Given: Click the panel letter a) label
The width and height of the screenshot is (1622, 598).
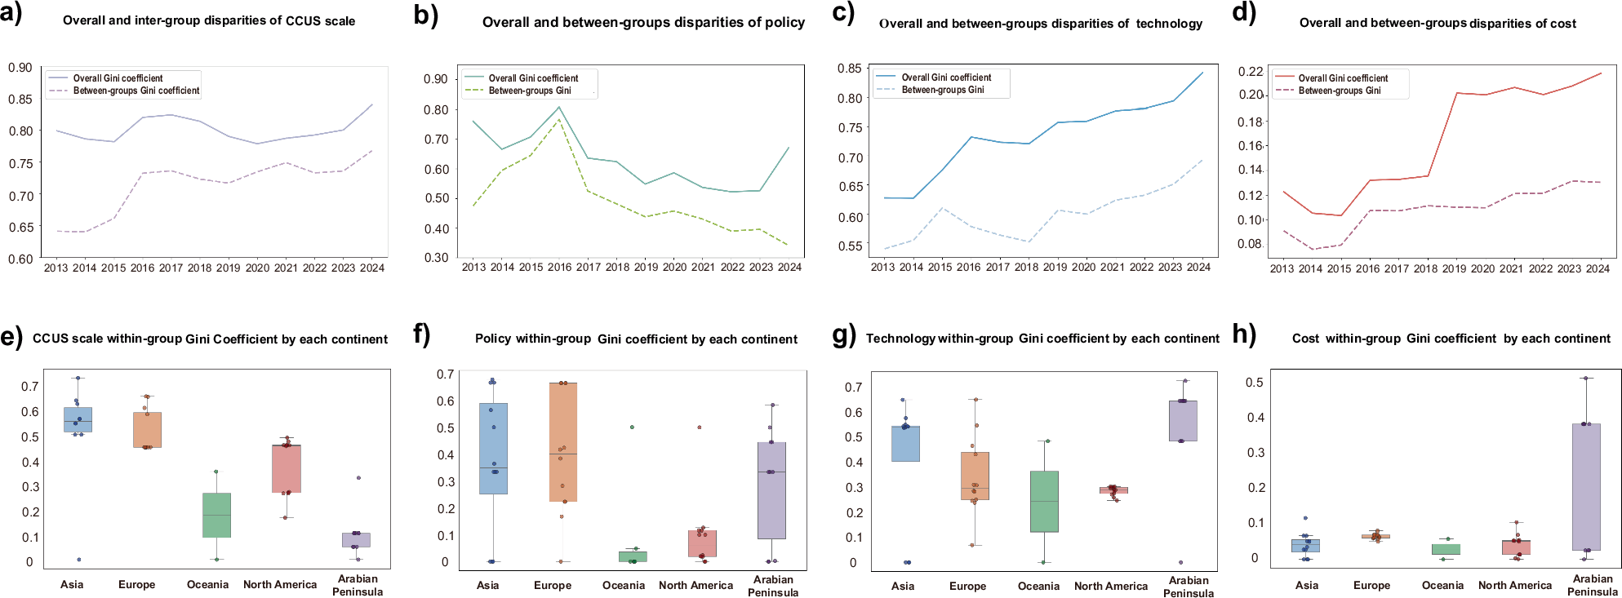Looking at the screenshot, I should (11, 15).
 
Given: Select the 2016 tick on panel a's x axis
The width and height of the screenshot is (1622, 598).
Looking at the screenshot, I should (142, 268).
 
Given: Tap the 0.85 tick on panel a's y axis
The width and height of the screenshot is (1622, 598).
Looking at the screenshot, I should (20, 100).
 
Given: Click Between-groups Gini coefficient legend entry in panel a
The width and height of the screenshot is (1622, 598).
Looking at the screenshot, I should (136, 91).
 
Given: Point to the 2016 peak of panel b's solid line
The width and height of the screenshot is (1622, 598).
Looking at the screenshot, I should (559, 107).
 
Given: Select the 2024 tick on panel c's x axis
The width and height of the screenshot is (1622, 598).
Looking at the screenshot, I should (1198, 267).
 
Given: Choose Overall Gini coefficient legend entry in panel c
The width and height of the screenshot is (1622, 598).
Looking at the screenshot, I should (946, 78).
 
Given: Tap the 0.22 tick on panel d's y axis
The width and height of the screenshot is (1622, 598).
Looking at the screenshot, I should (1250, 72).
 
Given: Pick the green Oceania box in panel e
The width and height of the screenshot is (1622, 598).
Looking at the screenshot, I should (216, 515).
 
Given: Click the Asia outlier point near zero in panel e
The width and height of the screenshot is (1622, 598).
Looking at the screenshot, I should (79, 560).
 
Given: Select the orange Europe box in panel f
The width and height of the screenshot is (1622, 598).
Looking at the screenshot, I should (563, 441).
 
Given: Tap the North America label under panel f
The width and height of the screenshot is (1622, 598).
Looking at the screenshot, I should (695, 585).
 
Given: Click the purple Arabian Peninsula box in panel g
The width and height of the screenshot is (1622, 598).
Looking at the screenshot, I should (1183, 420).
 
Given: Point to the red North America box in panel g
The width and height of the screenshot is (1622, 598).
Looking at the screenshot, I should (1113, 490).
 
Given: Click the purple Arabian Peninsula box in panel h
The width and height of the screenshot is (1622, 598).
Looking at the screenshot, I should (1586, 486).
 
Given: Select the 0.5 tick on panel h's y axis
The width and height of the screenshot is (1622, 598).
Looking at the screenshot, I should (1255, 383).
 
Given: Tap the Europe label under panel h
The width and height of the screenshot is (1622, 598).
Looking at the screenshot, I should (1371, 585).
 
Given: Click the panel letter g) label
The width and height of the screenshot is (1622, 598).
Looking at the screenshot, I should (844, 334).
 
